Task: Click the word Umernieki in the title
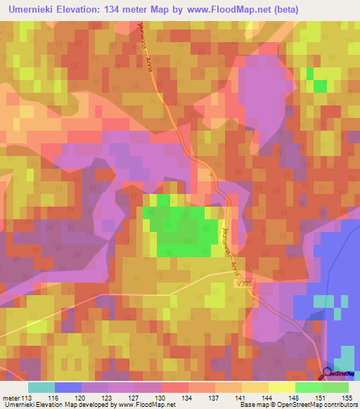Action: pos(35,10)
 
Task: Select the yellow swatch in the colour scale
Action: pos(281,387)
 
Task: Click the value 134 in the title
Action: pos(126,10)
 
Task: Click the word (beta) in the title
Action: pos(279,10)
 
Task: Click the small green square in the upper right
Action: pos(320,86)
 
